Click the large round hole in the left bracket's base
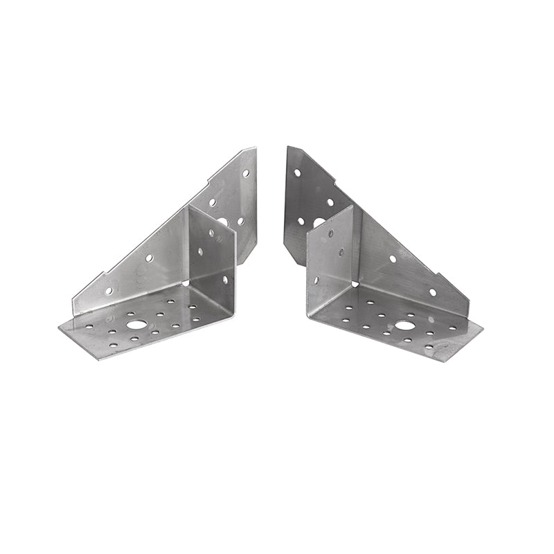pyautogui.click(x=136, y=324)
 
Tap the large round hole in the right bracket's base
pyautogui.click(x=404, y=325)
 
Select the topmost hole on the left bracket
pyautogui.click(x=245, y=173)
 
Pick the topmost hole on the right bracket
pyautogui.click(x=297, y=172)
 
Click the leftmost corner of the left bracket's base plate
pyautogui.click(x=60, y=328)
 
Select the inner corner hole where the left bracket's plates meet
pyautogui.click(x=187, y=283)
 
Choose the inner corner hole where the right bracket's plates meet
pyautogui.click(x=355, y=283)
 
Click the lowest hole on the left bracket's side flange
pyautogui.click(x=225, y=279)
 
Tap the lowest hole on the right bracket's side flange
pyautogui.click(x=316, y=280)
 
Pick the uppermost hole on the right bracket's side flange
pyautogui.click(x=330, y=233)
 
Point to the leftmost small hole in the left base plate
pyautogui.click(x=88, y=326)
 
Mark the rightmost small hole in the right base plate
pyautogui.click(x=454, y=328)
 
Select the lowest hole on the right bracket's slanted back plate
pyautogui.click(x=433, y=292)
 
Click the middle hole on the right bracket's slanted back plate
pyautogui.click(x=393, y=258)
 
